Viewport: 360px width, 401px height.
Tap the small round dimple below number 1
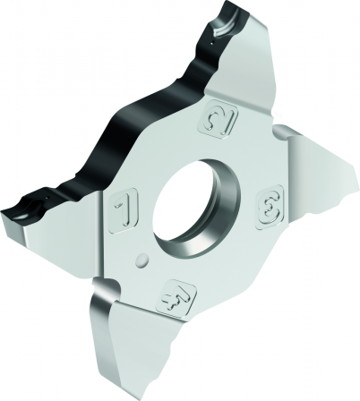140,260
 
